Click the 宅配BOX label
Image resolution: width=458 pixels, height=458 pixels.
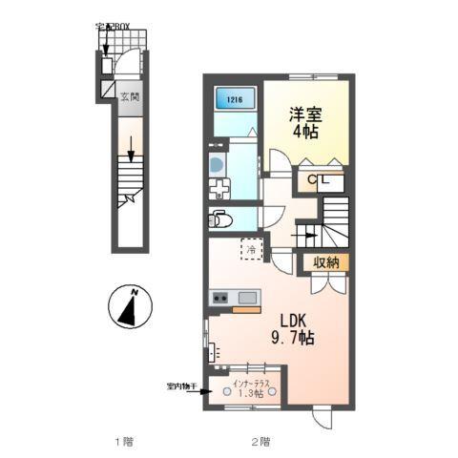coord(114,27)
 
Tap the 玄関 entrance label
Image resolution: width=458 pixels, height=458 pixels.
coord(129,95)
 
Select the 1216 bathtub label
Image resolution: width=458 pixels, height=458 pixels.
coord(234,98)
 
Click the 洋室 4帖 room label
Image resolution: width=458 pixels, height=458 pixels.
coord(305,123)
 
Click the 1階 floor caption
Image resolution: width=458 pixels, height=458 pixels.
coord(124,441)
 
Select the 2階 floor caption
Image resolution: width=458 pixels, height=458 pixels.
coord(260,441)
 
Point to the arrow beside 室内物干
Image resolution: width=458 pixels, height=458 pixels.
coord(206,389)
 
